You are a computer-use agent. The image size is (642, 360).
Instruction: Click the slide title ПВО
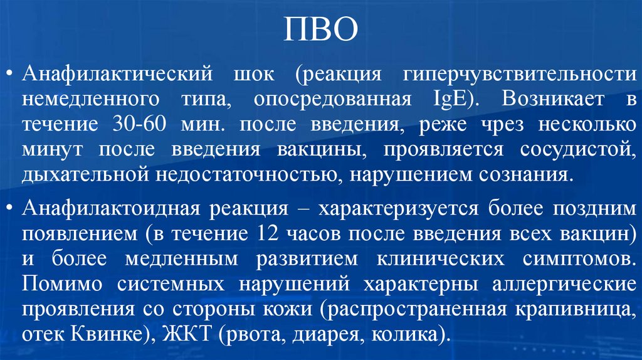click(320, 30)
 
